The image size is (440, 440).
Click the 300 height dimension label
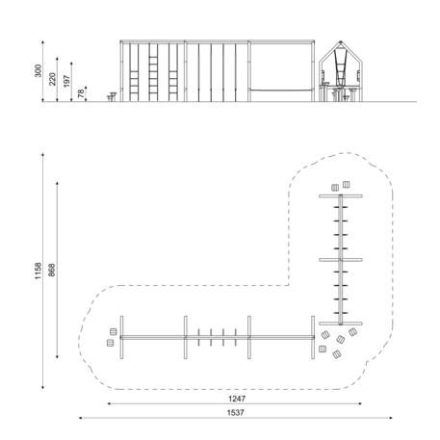point(38,71)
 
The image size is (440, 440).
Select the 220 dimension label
point(52,79)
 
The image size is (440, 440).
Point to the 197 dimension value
point(66,81)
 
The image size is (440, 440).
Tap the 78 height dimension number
point(81,93)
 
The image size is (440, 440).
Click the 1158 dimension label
point(38,271)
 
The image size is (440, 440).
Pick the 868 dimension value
point(52,271)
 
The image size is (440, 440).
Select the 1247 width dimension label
point(237,399)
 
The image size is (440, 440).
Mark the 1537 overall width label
point(236,413)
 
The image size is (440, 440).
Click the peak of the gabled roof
point(341,41)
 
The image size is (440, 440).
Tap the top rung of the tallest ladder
point(153,57)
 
